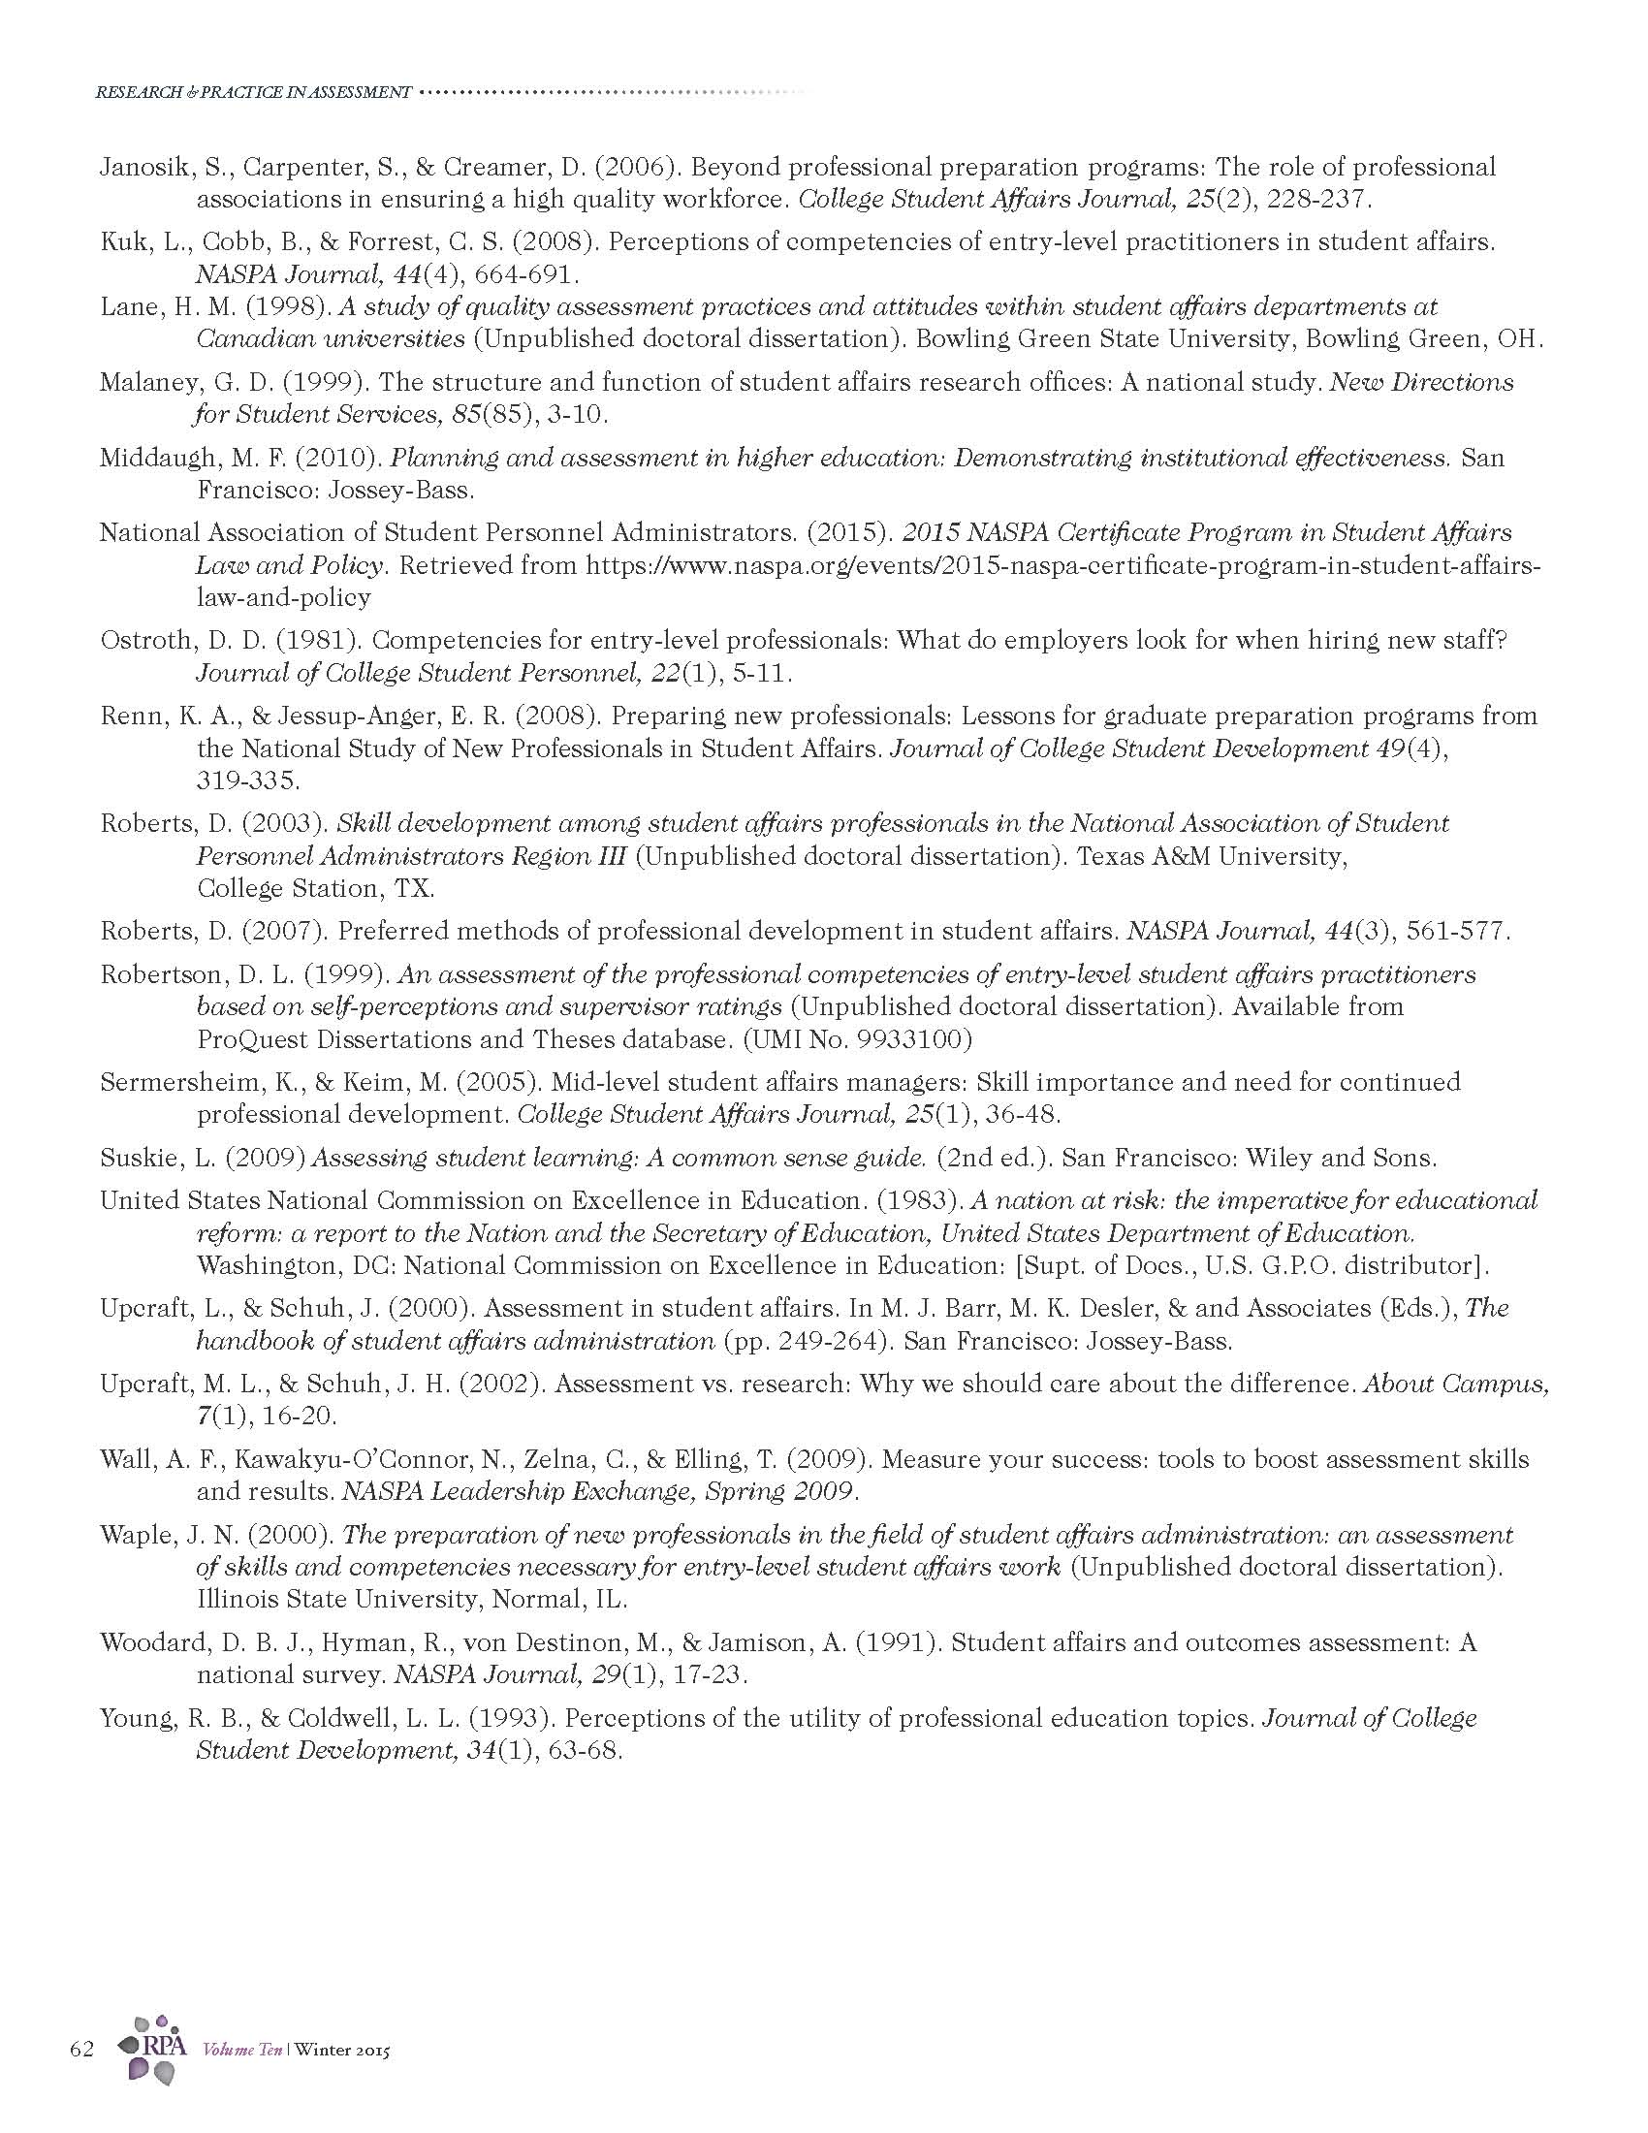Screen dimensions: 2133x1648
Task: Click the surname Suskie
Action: click(x=138, y=1159)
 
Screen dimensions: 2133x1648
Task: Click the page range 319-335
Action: click(x=248, y=781)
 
